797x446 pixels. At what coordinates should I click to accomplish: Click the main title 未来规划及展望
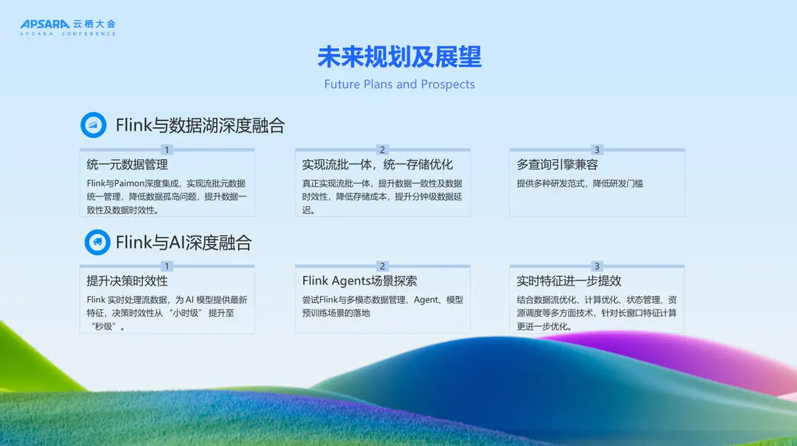tap(399, 57)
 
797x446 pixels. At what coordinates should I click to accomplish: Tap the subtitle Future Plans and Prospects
tap(399, 84)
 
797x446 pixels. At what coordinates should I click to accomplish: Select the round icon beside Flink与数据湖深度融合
tap(94, 125)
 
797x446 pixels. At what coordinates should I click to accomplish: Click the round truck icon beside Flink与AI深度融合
tap(97, 242)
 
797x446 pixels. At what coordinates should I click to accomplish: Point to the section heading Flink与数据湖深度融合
tap(200, 125)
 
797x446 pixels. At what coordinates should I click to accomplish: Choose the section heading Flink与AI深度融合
tap(184, 243)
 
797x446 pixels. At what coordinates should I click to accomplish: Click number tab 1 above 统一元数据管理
tap(167, 150)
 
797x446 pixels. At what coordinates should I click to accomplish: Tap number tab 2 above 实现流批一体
tap(383, 150)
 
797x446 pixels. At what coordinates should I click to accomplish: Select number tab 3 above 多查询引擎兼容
tap(597, 150)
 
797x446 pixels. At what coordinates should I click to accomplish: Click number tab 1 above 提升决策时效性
tap(167, 266)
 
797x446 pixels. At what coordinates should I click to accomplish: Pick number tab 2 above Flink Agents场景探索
tap(383, 266)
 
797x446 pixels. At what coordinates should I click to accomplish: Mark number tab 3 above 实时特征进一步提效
tap(597, 266)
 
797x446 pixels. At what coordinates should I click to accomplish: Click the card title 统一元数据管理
tap(127, 165)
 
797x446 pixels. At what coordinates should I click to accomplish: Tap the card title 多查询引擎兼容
tap(557, 165)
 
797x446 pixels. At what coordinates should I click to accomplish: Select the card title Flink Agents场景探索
tap(359, 280)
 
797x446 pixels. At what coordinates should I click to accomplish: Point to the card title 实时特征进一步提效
tap(569, 280)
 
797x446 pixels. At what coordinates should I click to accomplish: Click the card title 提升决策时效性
tap(127, 280)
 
